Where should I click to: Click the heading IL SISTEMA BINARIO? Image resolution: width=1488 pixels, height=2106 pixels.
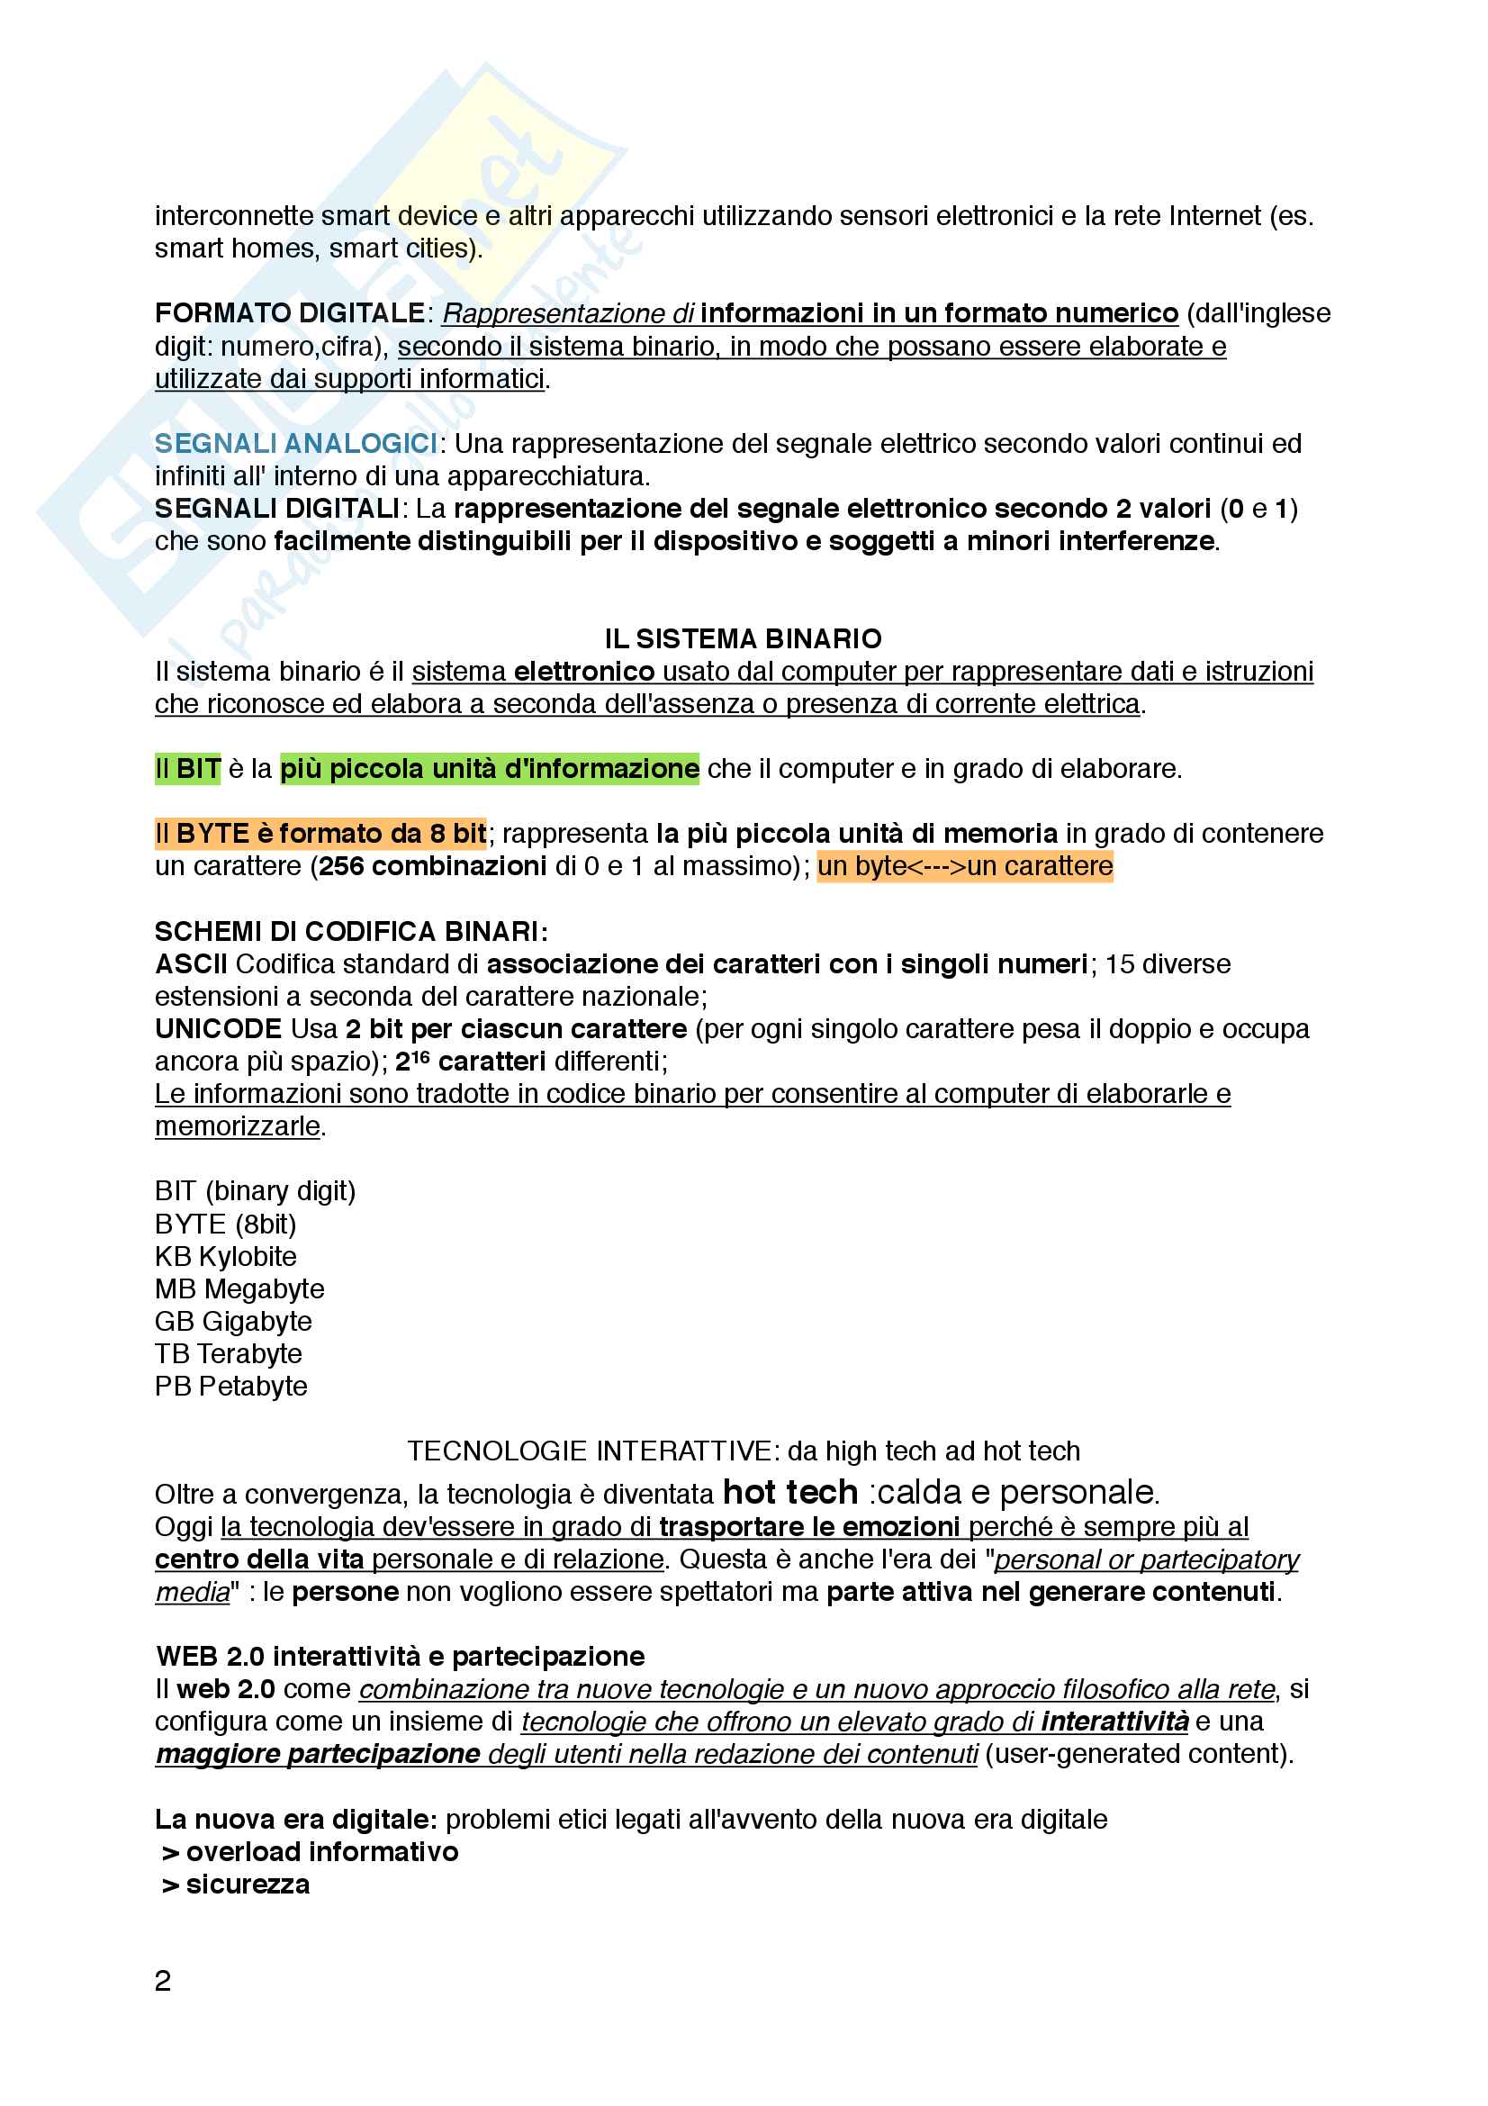pyautogui.click(x=743, y=638)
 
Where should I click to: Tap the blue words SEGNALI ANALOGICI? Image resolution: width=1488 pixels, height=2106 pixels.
pyautogui.click(x=295, y=444)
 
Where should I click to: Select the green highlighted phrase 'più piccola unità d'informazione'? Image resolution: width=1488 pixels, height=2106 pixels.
pyautogui.click(x=490, y=769)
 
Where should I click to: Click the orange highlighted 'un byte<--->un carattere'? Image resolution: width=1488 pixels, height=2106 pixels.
pyautogui.click(x=964, y=866)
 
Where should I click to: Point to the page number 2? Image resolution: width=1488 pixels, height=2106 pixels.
pyautogui.click(x=163, y=1980)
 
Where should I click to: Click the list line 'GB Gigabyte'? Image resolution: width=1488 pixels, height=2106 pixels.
pyautogui.click(x=233, y=1321)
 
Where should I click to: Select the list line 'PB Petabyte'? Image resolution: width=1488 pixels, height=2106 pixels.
pyautogui.click(x=230, y=1386)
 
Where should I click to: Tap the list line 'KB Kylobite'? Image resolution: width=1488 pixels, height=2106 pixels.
pyautogui.click(x=226, y=1257)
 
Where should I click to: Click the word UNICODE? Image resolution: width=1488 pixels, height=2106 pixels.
pyautogui.click(x=218, y=1029)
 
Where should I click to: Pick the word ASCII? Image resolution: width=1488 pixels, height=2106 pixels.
pyautogui.click(x=191, y=964)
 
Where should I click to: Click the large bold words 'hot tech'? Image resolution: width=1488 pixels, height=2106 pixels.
pyautogui.click(x=789, y=1492)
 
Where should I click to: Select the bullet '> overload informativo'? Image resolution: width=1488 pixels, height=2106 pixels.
pyautogui.click(x=310, y=1851)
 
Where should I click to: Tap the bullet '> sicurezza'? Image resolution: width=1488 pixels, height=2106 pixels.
pyautogui.click(x=237, y=1884)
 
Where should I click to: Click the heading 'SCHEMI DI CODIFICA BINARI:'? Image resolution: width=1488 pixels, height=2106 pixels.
pyautogui.click(x=351, y=932)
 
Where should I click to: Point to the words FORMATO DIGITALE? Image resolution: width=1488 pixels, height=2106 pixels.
pyautogui.click(x=290, y=313)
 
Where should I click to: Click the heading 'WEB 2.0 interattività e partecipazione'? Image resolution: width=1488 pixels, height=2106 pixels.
pyautogui.click(x=400, y=1656)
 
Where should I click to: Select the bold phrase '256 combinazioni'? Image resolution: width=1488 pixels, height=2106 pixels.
pyautogui.click(x=432, y=866)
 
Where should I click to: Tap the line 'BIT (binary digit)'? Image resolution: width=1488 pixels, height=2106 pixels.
pyautogui.click(x=255, y=1191)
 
